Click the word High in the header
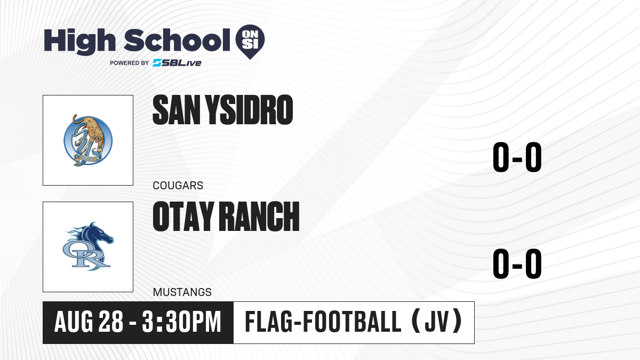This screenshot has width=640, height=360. pyautogui.click(x=79, y=42)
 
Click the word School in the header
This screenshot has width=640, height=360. pyautogui.click(x=177, y=41)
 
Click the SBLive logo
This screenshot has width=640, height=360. pyautogui.click(x=177, y=63)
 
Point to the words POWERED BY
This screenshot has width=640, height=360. pyautogui.click(x=130, y=63)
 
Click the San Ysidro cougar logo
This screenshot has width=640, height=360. pyautogui.click(x=88, y=140)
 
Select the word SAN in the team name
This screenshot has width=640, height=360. pyautogui.click(x=177, y=110)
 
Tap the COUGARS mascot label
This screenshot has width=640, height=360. pyautogui.click(x=178, y=186)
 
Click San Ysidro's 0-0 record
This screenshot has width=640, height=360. pyautogui.click(x=517, y=157)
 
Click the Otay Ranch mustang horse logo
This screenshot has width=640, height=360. pyautogui.click(x=88, y=246)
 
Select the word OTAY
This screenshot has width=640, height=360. pyautogui.click(x=183, y=217)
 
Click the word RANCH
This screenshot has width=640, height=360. pyautogui.click(x=260, y=217)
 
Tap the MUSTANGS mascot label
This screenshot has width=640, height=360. pyautogui.click(x=182, y=292)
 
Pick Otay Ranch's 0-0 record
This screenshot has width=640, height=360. pyautogui.click(x=517, y=263)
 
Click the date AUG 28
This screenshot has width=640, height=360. pyautogui.click(x=89, y=322)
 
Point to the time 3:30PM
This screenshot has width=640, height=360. pyautogui.click(x=182, y=322)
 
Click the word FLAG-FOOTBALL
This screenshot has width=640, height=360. pyautogui.click(x=323, y=322)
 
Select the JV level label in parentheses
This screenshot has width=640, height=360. pyautogui.click(x=437, y=322)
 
